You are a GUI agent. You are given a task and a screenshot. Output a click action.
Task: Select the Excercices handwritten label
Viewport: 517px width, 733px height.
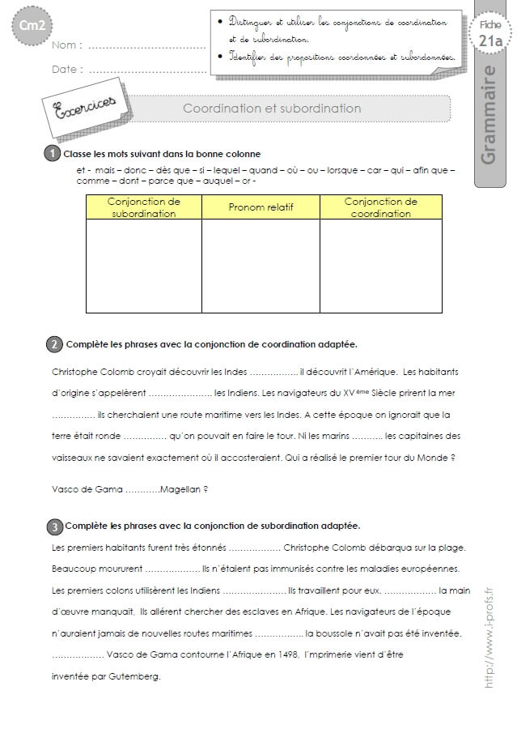pos(83,107)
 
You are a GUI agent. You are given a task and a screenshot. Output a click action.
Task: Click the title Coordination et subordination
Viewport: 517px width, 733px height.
pos(272,108)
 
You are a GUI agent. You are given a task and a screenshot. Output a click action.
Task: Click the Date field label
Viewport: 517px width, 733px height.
pos(67,70)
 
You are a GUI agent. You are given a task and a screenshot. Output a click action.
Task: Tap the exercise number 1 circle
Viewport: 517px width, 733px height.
pos(53,153)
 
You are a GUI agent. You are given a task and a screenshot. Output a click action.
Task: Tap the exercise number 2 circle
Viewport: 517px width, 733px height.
pos(53,344)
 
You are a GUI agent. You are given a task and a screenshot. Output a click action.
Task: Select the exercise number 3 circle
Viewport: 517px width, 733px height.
pos(53,526)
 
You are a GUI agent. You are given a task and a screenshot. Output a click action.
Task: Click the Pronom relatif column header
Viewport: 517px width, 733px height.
pos(261,207)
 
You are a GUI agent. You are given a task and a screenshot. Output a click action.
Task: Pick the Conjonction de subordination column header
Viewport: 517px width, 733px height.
pos(143,207)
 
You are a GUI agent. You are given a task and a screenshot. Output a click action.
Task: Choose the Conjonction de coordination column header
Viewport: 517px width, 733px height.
pos(380,207)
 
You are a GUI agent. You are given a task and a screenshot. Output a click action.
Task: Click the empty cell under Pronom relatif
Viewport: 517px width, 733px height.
pos(261,266)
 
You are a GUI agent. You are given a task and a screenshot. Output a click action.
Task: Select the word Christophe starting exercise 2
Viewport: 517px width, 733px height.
pos(77,372)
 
